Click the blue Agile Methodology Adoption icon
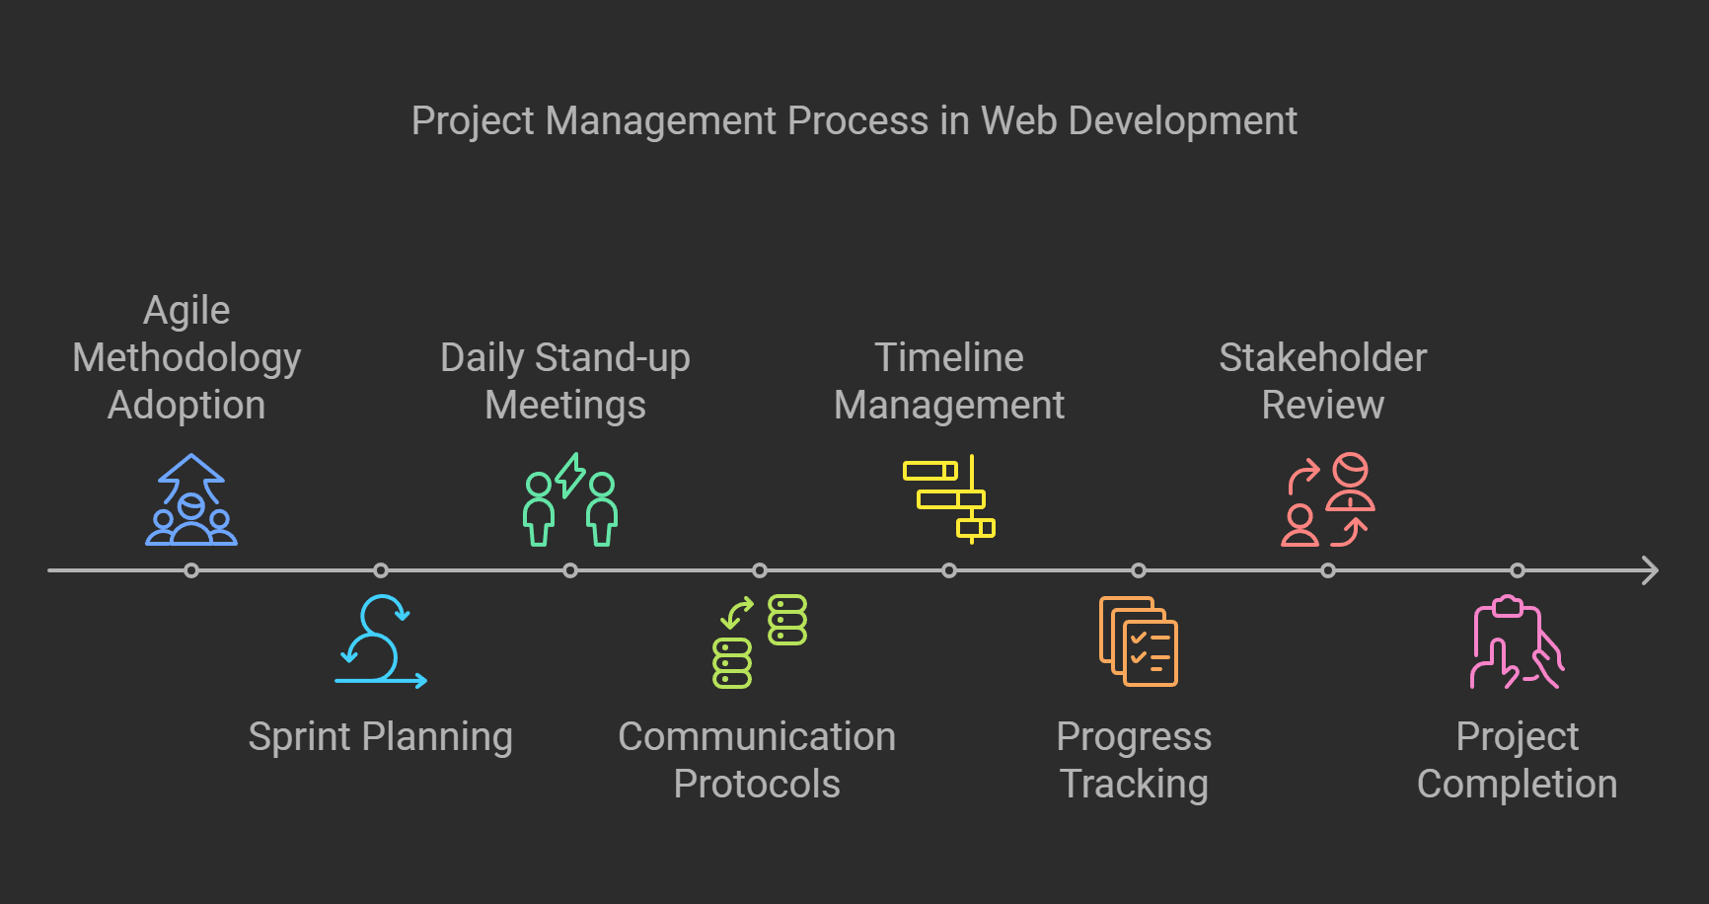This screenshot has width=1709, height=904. (x=191, y=500)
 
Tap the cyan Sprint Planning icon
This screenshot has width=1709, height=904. (x=381, y=640)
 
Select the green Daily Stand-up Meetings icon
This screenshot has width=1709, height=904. (x=570, y=500)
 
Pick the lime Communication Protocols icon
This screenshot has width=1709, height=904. (x=760, y=640)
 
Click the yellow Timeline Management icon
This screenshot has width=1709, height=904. (x=949, y=500)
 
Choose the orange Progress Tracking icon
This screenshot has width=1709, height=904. (x=1139, y=640)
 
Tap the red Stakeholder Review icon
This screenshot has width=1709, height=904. (x=1328, y=500)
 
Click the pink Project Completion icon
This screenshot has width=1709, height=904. (x=1518, y=640)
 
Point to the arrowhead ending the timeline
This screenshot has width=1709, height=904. (x=1650, y=570)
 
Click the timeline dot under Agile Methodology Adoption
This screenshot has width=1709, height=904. (x=191, y=570)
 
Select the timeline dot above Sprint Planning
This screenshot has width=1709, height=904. (x=381, y=570)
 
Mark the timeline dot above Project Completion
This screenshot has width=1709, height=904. (x=1518, y=570)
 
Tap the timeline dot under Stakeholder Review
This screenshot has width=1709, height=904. (x=1328, y=570)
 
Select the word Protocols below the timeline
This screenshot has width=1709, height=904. (x=757, y=785)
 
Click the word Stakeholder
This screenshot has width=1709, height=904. (x=1322, y=358)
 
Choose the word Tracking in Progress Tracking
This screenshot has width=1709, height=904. (x=1134, y=785)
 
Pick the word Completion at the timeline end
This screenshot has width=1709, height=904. (x=1517, y=785)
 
